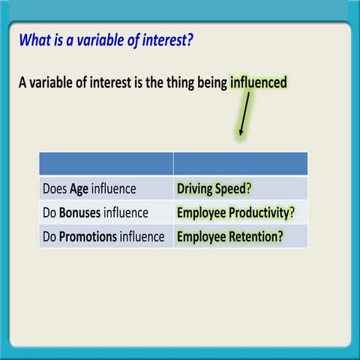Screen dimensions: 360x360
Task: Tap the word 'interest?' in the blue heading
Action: tap(167, 40)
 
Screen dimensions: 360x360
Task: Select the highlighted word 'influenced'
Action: tap(259, 82)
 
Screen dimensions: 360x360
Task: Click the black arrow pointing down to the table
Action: tap(244, 114)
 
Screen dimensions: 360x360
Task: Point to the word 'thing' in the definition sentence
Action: tap(180, 83)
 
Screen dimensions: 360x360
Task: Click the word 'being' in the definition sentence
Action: tap(212, 83)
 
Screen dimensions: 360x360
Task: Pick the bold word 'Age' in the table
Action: tap(79, 189)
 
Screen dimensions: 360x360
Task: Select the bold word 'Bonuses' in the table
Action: tap(79, 213)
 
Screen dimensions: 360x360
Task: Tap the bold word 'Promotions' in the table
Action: tap(88, 236)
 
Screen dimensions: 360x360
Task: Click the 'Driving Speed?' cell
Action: tap(241, 188)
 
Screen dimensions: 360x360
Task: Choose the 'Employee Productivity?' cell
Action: tap(241, 212)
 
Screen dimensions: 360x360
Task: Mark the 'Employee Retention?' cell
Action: tap(241, 236)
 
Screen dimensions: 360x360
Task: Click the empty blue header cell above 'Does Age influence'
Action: tap(106, 163)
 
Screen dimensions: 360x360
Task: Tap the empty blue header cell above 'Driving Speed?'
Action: tap(241, 163)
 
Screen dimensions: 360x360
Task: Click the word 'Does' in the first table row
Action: tap(55, 189)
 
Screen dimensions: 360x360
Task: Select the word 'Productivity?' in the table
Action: tap(262, 213)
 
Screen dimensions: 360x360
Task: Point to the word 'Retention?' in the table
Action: tap(256, 236)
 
